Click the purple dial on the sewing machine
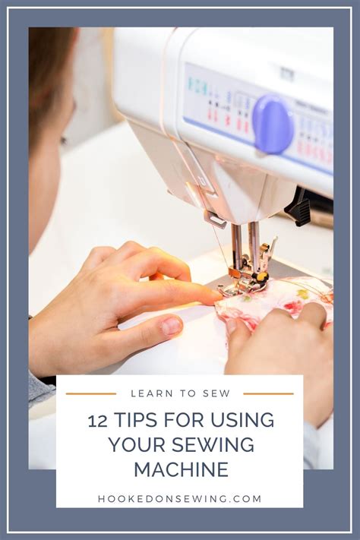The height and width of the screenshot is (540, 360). coord(272,124)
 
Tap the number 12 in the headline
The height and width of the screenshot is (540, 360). coord(97,421)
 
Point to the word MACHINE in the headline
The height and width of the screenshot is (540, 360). coord(180,469)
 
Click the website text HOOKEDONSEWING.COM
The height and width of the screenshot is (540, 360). coord(180,499)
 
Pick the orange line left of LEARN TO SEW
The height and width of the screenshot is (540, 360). coord(90,393)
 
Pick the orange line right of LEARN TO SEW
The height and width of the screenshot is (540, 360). coord(268,393)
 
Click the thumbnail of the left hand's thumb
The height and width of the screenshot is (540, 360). coord(171,326)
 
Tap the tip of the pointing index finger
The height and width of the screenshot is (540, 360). coord(217,295)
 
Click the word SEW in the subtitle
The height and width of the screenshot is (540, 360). coord(215,393)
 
